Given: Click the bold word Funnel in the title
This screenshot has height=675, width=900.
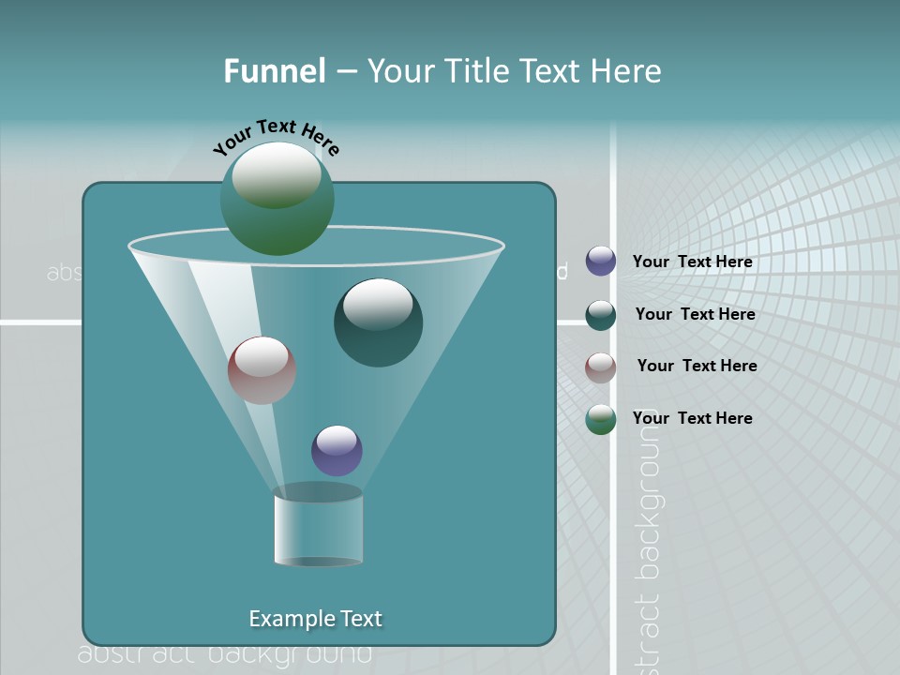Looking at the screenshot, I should click(x=275, y=71).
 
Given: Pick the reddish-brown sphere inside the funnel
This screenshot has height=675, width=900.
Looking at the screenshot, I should click(x=262, y=371).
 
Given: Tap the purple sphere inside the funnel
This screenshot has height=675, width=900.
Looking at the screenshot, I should click(x=337, y=451).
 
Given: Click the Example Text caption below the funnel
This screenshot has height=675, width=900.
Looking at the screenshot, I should click(x=316, y=619).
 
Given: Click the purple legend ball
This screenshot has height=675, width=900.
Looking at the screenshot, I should click(x=601, y=262).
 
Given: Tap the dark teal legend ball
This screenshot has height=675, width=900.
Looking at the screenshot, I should click(x=601, y=315).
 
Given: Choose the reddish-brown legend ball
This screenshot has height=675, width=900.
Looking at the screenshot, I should click(x=601, y=367).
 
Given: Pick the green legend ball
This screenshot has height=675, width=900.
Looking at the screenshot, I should click(x=601, y=419).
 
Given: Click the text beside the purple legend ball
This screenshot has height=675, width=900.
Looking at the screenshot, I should click(x=692, y=262).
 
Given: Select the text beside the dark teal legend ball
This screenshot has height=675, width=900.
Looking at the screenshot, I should click(x=695, y=314).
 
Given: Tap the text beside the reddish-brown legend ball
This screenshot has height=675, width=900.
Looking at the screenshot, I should click(x=697, y=366).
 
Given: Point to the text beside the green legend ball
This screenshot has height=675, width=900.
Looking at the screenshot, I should click(x=692, y=418).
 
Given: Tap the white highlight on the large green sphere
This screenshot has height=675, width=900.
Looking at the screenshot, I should click(x=277, y=175).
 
